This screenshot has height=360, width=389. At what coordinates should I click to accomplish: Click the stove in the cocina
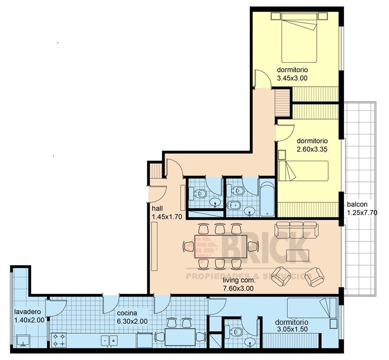tap(59, 340)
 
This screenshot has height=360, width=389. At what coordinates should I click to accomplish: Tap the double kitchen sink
tap(109, 340)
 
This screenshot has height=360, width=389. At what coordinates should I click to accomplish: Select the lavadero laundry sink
tap(23, 341)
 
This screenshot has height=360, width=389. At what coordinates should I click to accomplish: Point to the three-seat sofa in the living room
tap(297, 229)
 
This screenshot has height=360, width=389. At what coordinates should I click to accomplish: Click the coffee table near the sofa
tap(298, 255)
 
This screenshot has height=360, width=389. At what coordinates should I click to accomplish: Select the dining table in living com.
tap(221, 247)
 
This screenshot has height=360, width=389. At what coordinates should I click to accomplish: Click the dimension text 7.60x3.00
tap(238, 289)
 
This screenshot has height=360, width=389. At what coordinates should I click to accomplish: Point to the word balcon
tap(357, 205)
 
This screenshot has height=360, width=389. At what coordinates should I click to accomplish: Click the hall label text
tap(157, 209)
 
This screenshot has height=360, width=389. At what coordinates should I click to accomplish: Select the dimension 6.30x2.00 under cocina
tap(132, 321)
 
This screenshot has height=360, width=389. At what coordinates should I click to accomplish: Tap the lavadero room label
tap(27, 312)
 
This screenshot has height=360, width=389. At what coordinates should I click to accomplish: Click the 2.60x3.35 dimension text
tap(312, 150)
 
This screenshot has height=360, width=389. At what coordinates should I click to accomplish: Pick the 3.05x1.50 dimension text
tap(292, 329)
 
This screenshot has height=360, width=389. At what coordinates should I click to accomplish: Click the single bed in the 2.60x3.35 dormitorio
tap(303, 171)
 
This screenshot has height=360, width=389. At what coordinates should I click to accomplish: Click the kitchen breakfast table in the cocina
tap(180, 337)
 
